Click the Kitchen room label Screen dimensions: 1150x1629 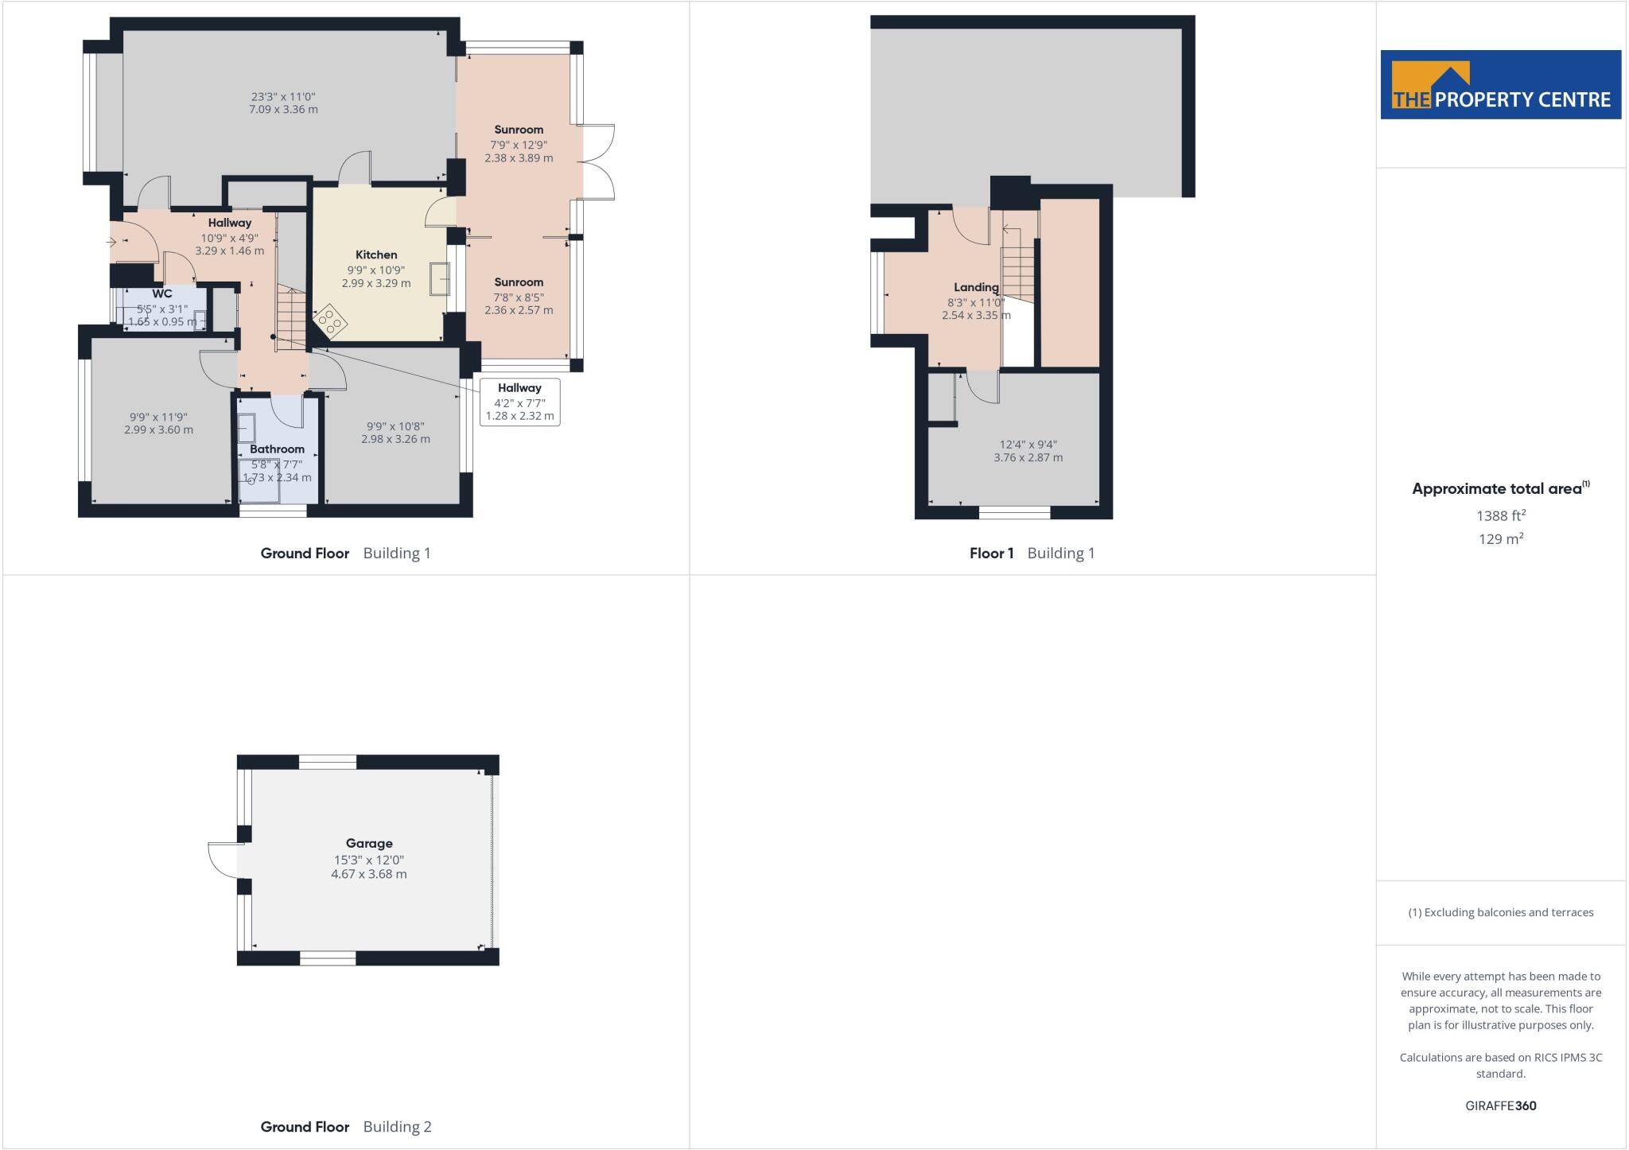pyautogui.click(x=376, y=255)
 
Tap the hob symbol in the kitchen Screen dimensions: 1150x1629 pyautogui.click(x=329, y=322)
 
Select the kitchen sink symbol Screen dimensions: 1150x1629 pyautogui.click(x=439, y=279)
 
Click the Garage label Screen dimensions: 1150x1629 pyautogui.click(x=369, y=844)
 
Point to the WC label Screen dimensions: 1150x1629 pyautogui.click(x=162, y=293)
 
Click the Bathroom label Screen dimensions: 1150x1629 pyautogui.click(x=277, y=449)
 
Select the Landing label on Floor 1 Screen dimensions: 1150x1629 pyautogui.click(x=976, y=287)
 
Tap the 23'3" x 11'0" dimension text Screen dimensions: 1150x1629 pyautogui.click(x=283, y=97)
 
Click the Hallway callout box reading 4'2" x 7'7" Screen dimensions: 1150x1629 pyautogui.click(x=519, y=402)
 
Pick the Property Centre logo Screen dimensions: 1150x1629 pyautogui.click(x=1500, y=85)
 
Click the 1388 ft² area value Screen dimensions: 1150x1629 pyautogui.click(x=1500, y=515)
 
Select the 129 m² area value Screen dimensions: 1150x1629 pyautogui.click(x=1500, y=539)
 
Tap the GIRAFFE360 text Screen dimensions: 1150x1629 pyautogui.click(x=1500, y=1105)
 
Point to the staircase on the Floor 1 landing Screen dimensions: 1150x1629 pyautogui.click(x=1018, y=270)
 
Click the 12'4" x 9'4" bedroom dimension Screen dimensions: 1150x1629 pyautogui.click(x=1028, y=445)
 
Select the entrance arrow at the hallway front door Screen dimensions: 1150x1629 pyautogui.click(x=111, y=241)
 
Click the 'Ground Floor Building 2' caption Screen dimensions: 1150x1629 pyautogui.click(x=345, y=1126)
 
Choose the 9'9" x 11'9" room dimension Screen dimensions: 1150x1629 pyautogui.click(x=158, y=418)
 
